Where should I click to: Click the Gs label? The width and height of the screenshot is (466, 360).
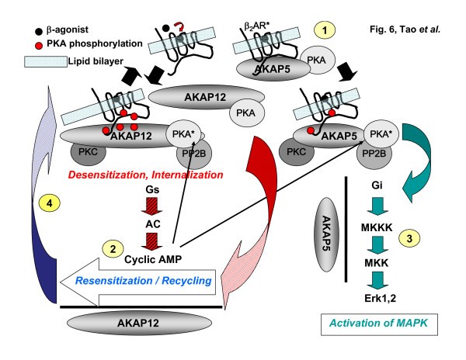pyautogui.click(x=153, y=189)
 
